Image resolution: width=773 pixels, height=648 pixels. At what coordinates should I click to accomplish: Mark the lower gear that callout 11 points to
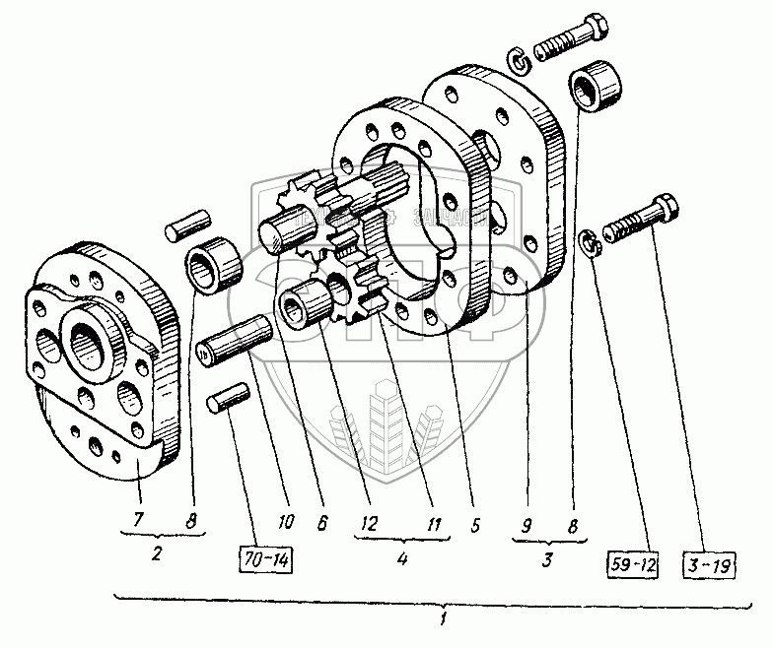[x=359, y=286]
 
